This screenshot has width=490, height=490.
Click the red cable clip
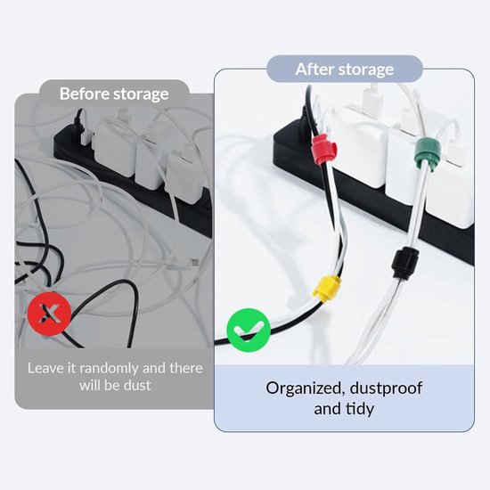[x=324, y=150]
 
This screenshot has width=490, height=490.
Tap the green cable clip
[x=427, y=154]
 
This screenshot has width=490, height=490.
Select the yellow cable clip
[x=327, y=289]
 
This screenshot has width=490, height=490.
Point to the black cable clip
[x=405, y=263]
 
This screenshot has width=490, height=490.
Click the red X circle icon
[x=49, y=314]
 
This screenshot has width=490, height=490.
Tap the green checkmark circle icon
[x=249, y=330]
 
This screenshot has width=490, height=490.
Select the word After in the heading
[x=314, y=69]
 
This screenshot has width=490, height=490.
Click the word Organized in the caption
[x=306, y=388]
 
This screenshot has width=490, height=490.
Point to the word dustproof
[x=387, y=388]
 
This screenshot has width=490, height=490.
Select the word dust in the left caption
[x=137, y=385]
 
